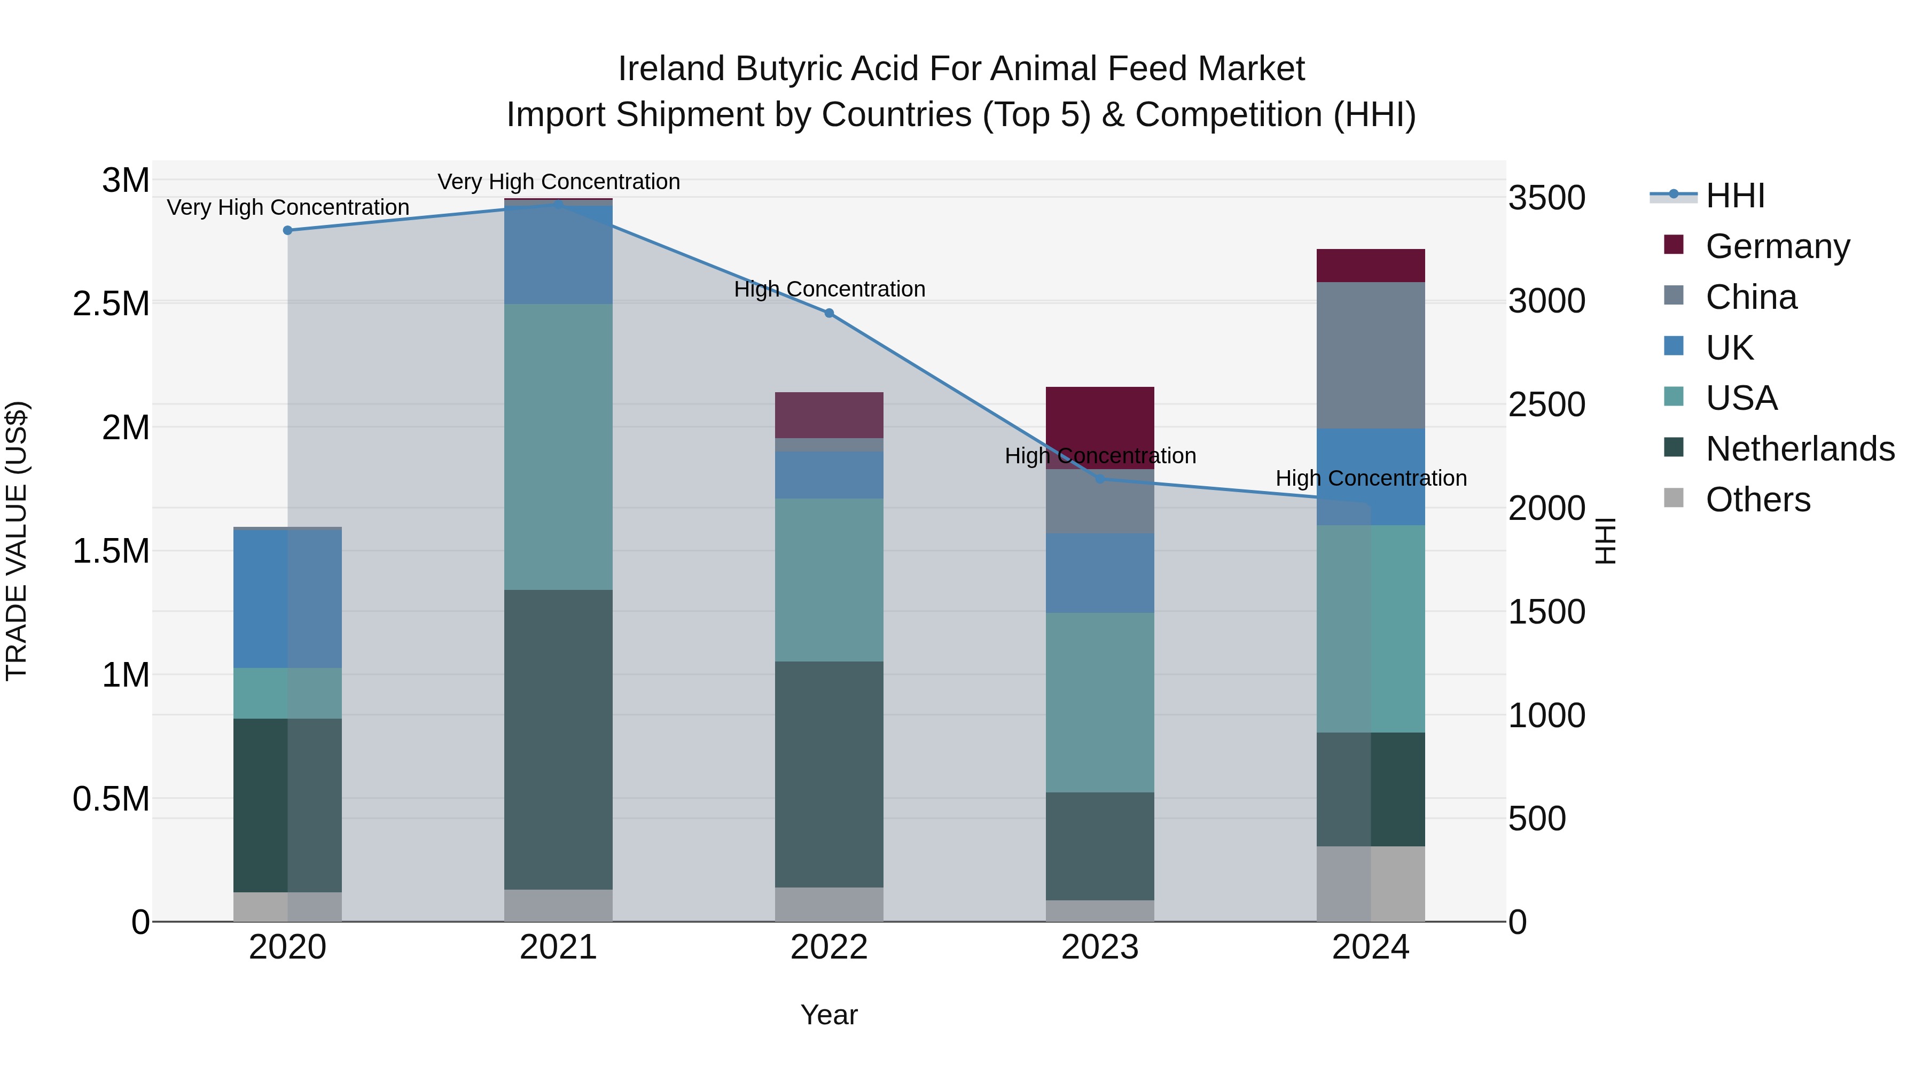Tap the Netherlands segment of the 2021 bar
[x=558, y=740]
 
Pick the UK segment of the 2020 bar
[x=287, y=598]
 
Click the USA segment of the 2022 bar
[x=828, y=579]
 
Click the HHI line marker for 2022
[x=828, y=314]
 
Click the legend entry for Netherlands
[x=1799, y=449]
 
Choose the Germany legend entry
[x=1777, y=246]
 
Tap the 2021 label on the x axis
[x=558, y=947]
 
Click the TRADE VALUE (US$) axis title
[x=17, y=541]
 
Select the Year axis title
[x=828, y=1015]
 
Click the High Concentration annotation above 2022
[x=828, y=289]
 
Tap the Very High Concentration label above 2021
[x=558, y=182]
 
